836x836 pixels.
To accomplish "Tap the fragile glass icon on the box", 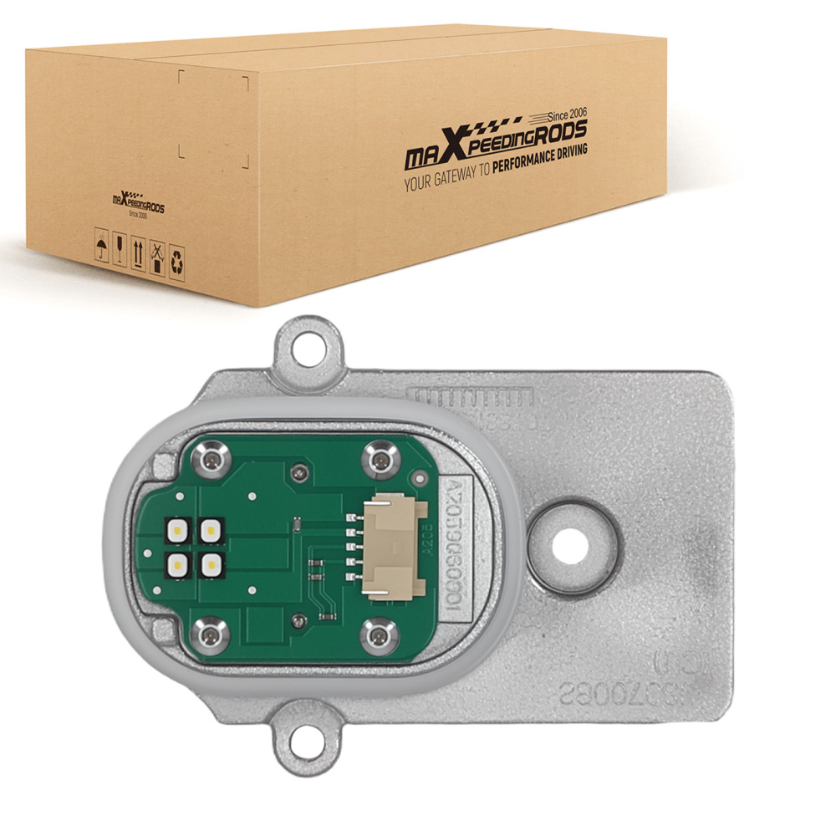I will [120, 249].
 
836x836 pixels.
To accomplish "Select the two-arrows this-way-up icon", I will [138, 253].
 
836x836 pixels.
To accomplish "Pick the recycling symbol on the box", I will [176, 263].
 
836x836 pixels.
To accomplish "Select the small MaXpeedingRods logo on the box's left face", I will [138, 205].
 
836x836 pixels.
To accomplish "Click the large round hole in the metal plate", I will [572, 543].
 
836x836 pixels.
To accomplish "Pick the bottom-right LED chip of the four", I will [209, 564].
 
